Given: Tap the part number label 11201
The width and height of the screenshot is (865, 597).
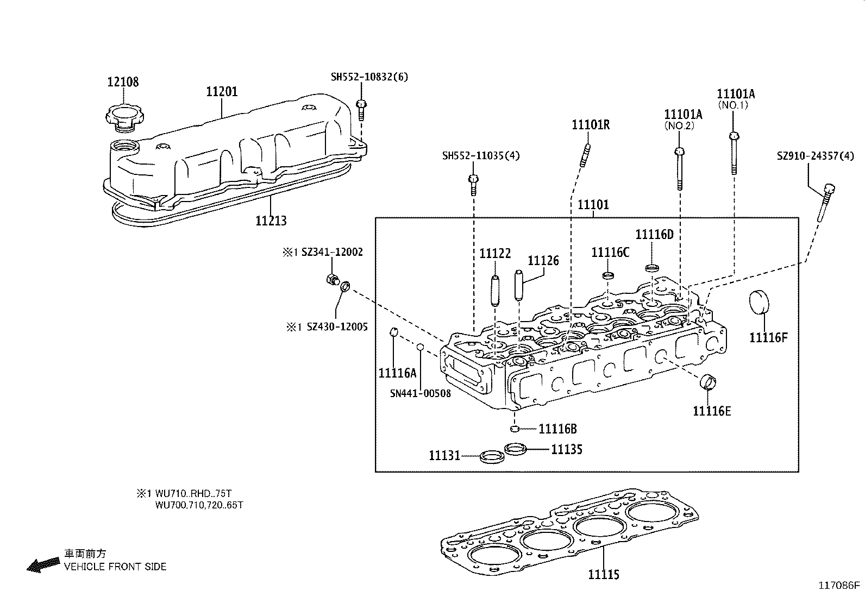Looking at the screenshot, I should point(222,92).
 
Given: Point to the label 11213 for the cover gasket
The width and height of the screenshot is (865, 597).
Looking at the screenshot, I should point(271,221).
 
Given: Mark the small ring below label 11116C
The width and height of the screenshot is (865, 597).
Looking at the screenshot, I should point(609,275).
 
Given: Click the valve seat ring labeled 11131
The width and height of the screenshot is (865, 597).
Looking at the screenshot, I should point(491,456).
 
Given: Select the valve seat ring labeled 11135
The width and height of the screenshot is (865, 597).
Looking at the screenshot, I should point(516,449).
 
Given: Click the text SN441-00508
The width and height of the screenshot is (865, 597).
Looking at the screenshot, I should point(420,393).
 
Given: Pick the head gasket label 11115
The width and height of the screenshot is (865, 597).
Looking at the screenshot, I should point(603,574).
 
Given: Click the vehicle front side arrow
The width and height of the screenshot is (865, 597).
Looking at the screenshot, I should point(43,565).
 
